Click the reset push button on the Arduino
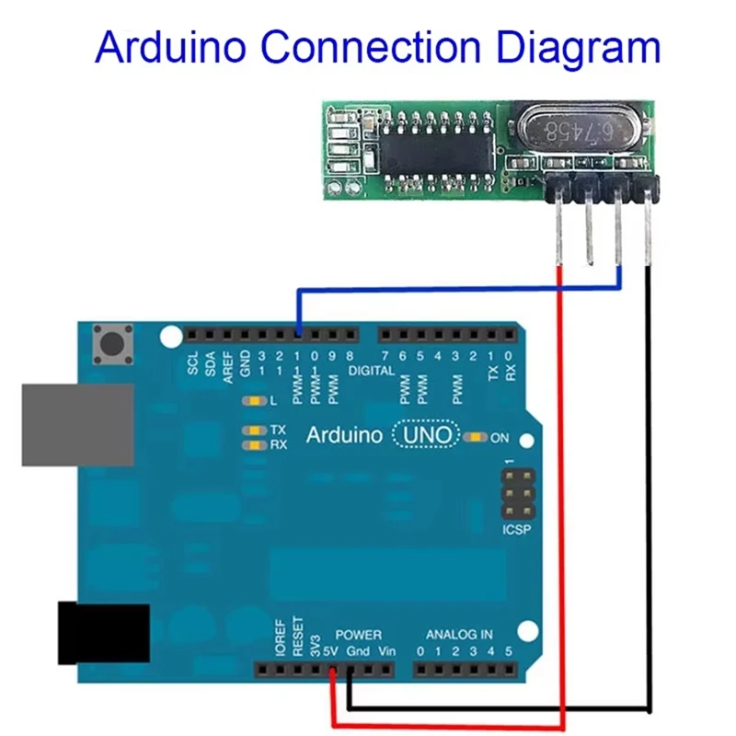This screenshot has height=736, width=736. point(113,346)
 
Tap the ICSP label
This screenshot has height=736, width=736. point(516,532)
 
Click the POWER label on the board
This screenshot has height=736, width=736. point(358,635)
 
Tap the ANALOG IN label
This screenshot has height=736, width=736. point(458,635)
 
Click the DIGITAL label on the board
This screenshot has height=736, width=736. point(371,371)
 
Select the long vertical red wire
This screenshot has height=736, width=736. point(561,497)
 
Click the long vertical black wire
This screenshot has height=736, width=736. point(650,488)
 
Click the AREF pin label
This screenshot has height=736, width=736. point(227,363)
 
